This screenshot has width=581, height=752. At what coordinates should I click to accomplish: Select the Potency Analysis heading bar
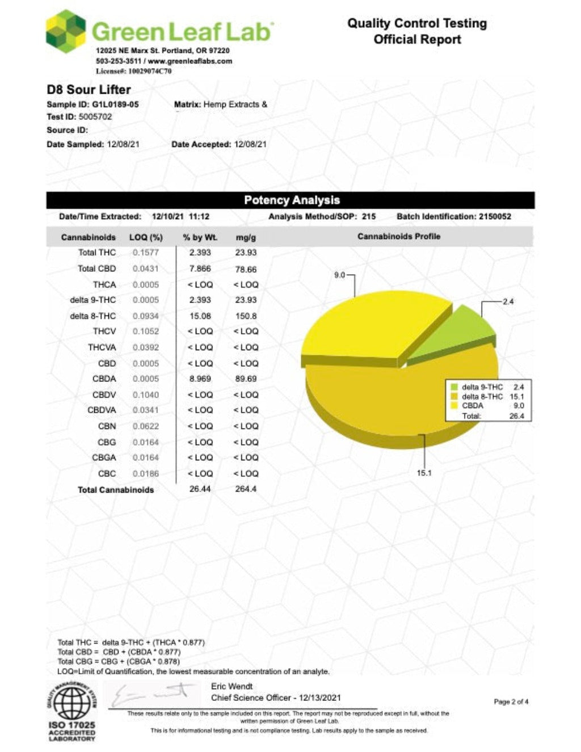pyautogui.click(x=290, y=200)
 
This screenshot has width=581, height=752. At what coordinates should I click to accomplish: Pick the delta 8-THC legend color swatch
pyautogui.click(x=454, y=397)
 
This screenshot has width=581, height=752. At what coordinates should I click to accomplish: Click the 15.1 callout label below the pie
pyautogui.click(x=424, y=473)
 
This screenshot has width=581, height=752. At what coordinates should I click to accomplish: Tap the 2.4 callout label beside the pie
pyautogui.click(x=508, y=301)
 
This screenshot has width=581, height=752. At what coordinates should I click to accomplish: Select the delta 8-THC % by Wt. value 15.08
pyautogui.click(x=200, y=316)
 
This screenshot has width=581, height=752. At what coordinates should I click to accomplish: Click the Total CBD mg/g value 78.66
pyautogui.click(x=246, y=269)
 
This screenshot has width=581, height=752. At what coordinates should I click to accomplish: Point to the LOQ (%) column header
pyautogui.click(x=146, y=237)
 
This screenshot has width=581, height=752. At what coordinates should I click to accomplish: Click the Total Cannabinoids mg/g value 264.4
pyautogui.click(x=246, y=489)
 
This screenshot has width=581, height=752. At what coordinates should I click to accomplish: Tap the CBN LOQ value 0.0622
pyautogui.click(x=146, y=426)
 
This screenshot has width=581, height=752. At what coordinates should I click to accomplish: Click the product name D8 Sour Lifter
pyautogui.click(x=89, y=90)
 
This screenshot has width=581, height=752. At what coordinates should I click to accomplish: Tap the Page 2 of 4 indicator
pyautogui.click(x=511, y=702)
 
